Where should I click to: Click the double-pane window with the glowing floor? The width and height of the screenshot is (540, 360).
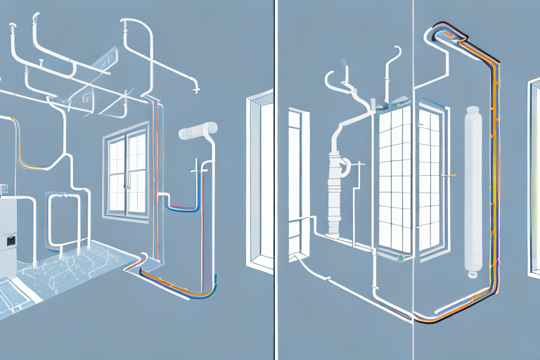coord(127,172)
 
